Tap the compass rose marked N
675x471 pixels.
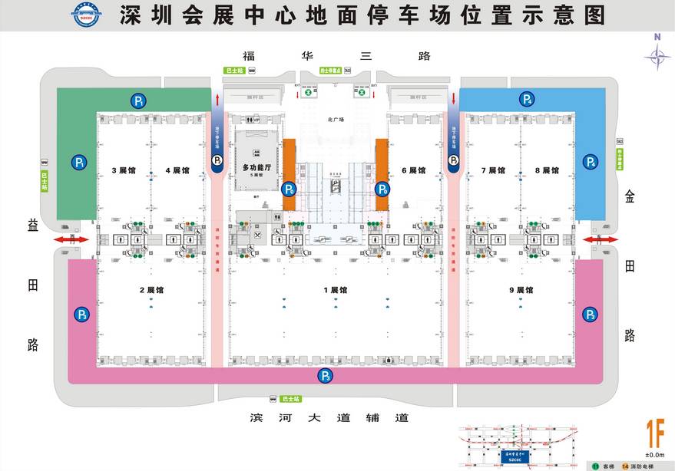tap(657, 54)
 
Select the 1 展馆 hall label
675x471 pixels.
tap(336, 290)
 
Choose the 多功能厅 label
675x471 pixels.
tap(257, 166)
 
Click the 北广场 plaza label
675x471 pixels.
tap(334, 119)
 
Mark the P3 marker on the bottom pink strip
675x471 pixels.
tap(326, 376)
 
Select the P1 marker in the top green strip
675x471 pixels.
tap(138, 100)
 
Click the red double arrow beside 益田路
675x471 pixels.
tap(68, 240)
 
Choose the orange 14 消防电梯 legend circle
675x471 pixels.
tap(626, 466)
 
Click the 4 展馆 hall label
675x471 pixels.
tap(177, 170)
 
